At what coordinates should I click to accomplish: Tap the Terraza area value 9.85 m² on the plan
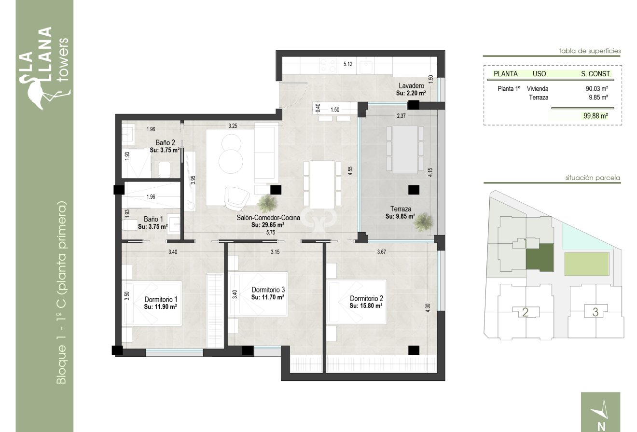(x=401, y=217)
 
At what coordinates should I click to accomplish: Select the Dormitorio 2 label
(x=366, y=298)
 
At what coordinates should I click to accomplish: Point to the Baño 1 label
(x=152, y=218)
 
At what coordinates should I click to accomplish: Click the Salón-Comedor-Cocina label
(x=268, y=218)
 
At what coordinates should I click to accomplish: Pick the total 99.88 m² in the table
(x=595, y=116)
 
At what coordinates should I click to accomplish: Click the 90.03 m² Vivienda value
(x=596, y=89)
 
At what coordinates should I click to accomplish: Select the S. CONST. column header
(x=596, y=74)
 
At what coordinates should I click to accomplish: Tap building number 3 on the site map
(x=595, y=312)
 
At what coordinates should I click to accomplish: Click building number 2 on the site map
(x=526, y=312)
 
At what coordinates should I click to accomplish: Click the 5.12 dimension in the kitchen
(x=348, y=64)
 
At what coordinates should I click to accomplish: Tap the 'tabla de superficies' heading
(x=589, y=51)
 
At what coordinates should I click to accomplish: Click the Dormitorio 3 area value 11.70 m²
(x=267, y=298)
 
